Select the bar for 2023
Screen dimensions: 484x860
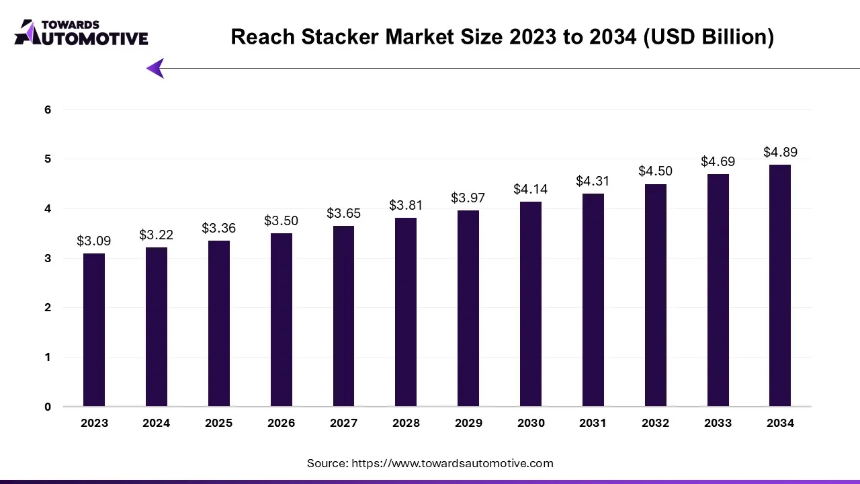point(94,329)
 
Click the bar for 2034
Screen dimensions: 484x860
point(780,286)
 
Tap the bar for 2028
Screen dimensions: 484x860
point(406,312)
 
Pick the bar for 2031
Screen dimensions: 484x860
point(593,300)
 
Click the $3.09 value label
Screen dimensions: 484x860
point(94,241)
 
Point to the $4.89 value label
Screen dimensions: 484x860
point(780,152)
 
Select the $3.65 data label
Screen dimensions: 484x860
point(343,213)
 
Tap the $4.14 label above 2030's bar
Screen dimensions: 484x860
point(530,189)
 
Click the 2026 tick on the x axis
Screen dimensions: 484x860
point(281,423)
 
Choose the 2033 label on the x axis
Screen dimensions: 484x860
point(718,423)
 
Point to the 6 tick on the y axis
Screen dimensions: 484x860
point(48,110)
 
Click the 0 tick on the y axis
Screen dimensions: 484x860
point(48,407)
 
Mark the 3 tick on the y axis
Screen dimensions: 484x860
point(48,258)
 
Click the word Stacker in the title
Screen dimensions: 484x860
point(341,36)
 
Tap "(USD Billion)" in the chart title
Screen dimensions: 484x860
point(708,36)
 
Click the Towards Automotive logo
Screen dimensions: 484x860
point(81,32)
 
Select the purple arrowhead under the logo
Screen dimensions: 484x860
point(156,68)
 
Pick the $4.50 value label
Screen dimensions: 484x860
point(655,171)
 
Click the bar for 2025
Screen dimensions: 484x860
point(219,323)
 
